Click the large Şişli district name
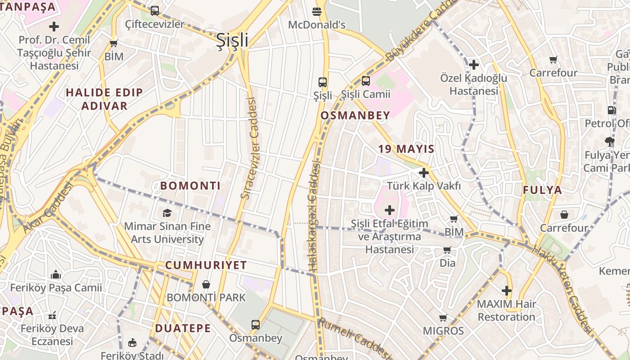(232, 40)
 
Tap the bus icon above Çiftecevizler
(155, 10)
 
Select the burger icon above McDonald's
(317, 11)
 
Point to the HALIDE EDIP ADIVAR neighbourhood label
(104, 99)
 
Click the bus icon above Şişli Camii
(366, 81)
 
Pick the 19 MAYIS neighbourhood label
(406, 149)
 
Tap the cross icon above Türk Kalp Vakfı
(423, 172)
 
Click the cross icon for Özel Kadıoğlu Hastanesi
(473, 65)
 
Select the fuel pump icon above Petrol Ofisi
(611, 110)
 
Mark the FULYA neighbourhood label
(542, 190)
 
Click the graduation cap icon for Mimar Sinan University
(167, 213)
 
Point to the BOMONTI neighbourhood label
(190, 185)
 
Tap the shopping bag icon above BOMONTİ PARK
(206, 284)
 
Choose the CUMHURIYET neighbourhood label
(206, 265)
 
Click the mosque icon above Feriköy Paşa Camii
(56, 274)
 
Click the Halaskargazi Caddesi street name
(314, 217)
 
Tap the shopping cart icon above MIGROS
(443, 318)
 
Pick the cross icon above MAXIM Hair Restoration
(507, 291)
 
